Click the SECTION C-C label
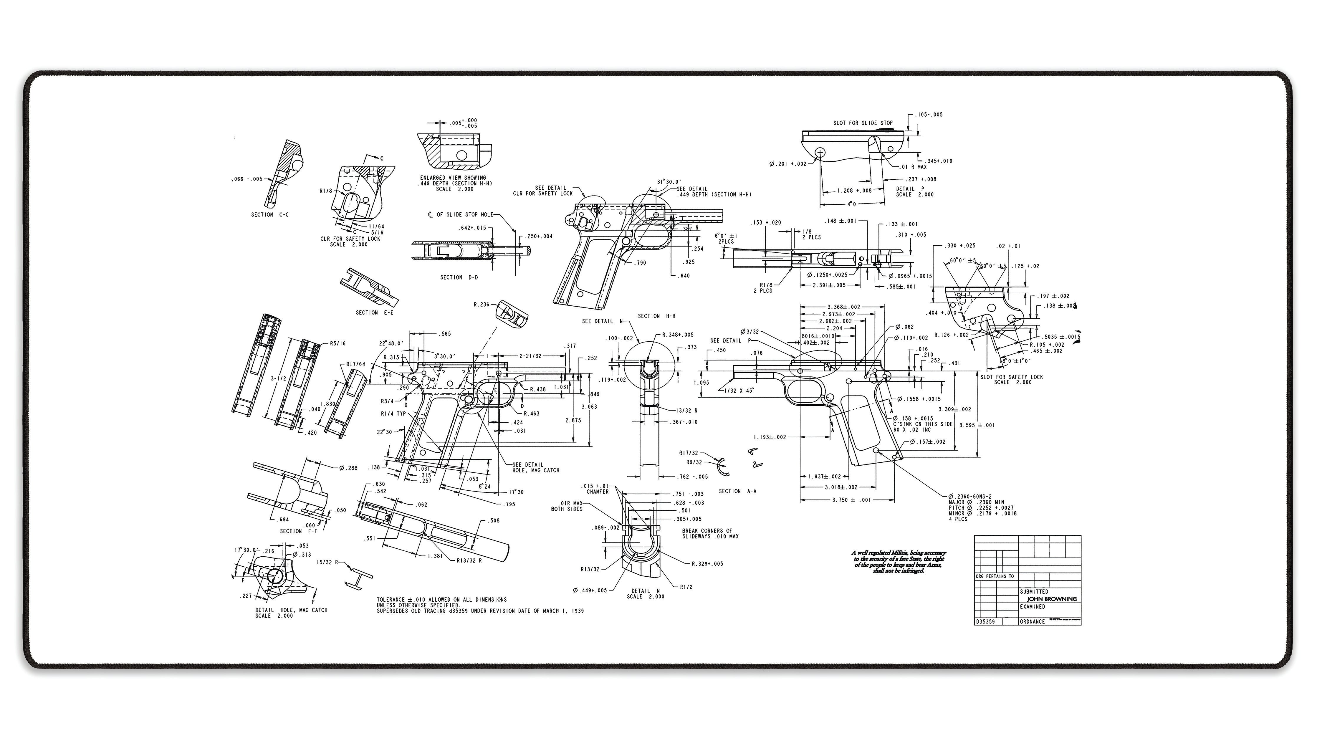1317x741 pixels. pyautogui.click(x=269, y=215)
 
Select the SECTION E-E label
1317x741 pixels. pyautogui.click(x=374, y=312)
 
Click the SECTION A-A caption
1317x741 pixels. pyautogui.click(x=737, y=491)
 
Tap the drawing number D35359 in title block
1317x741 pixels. pyautogui.click(x=985, y=622)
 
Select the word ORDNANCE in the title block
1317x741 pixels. pyautogui.click(x=1032, y=622)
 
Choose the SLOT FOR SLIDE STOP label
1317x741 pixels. pyautogui.click(x=863, y=123)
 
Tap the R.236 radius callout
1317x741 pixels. pyautogui.click(x=481, y=305)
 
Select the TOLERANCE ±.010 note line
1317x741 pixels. pyautogui.click(x=442, y=599)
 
